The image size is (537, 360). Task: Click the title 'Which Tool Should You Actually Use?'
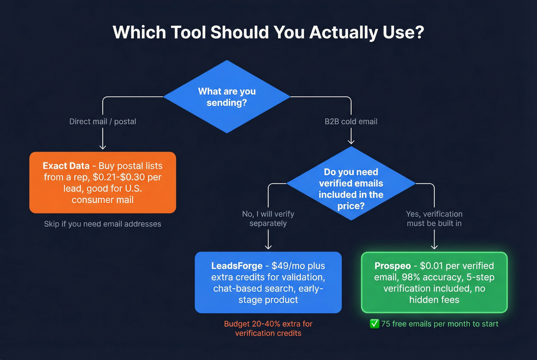point(268,32)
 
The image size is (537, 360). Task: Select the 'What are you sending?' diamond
point(227,97)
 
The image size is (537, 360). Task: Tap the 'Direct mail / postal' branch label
point(102,122)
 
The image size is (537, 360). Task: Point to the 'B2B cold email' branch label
point(351,122)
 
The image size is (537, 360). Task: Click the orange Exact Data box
point(102,182)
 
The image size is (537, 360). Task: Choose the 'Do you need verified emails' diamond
point(351,184)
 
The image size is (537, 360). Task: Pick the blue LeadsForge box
point(268,283)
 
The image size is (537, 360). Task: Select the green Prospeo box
point(434,283)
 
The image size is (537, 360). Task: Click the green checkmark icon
point(374,324)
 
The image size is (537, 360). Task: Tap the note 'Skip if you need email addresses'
point(102,224)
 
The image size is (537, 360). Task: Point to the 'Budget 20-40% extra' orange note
point(268,329)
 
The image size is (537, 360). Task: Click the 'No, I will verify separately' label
point(268,219)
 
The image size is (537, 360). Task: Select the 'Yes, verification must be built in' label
point(434,219)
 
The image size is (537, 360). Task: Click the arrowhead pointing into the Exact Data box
point(102,147)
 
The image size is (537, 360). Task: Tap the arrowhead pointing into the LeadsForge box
point(268,247)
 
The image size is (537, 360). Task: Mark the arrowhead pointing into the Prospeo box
point(434,247)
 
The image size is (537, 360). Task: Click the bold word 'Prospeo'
point(392,266)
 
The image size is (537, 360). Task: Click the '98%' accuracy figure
point(411,277)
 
